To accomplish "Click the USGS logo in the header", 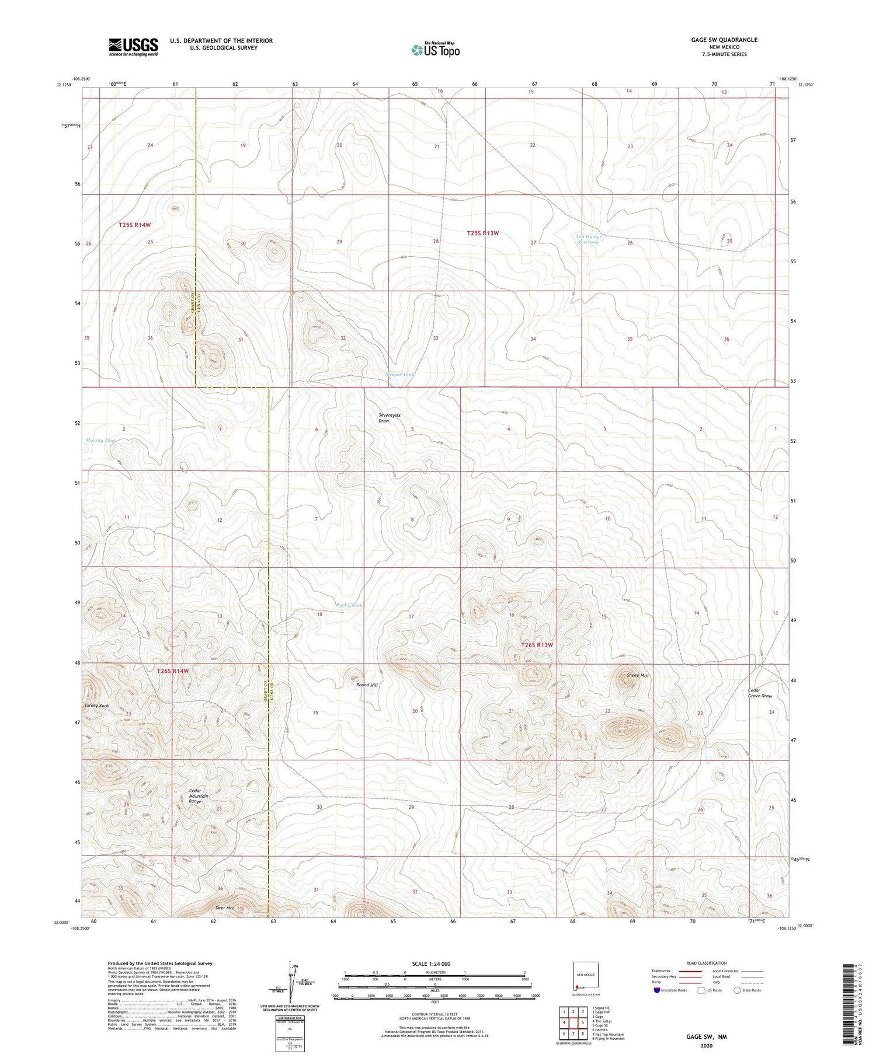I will pyautogui.click(x=133, y=47).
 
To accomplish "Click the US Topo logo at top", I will pyautogui.click(x=435, y=50).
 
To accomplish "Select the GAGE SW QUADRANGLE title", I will pyautogui.click(x=724, y=40).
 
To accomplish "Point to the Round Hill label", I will pyautogui.click(x=367, y=685).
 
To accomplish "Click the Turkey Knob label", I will pyautogui.click(x=97, y=706).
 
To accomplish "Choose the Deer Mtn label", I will pyautogui.click(x=225, y=907).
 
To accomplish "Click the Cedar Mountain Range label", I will pyautogui.click(x=199, y=796).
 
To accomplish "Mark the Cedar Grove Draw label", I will pyautogui.click(x=760, y=693).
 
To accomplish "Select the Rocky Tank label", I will pyautogui.click(x=349, y=605).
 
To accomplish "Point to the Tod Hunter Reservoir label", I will pyautogui.click(x=588, y=239).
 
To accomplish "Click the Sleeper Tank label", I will pyautogui.click(x=400, y=374).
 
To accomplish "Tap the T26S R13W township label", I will pyautogui.click(x=536, y=645).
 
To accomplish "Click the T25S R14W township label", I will pyautogui.click(x=134, y=225).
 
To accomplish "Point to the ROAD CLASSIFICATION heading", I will pyautogui.click(x=706, y=963).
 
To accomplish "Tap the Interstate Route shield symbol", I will pyautogui.click(x=657, y=990).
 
